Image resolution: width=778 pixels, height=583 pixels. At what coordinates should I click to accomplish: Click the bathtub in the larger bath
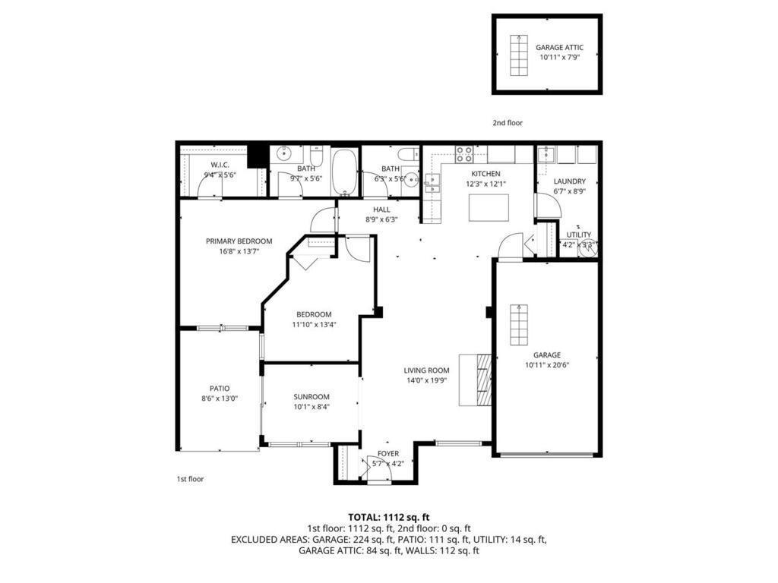pos(345,171)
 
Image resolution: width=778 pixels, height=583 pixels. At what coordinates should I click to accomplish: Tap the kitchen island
pos(489,207)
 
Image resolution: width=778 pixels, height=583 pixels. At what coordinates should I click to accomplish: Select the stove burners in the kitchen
pos(464,154)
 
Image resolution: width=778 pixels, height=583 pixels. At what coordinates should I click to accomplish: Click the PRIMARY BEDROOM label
pos(239,241)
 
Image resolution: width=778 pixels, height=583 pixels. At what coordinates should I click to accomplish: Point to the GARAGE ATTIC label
pos(559,47)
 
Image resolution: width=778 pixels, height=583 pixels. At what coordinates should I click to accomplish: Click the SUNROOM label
pos(312,396)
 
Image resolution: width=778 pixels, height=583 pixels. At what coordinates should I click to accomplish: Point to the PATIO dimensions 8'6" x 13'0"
pos(220,399)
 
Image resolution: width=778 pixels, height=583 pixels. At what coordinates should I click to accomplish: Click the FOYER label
pos(388,454)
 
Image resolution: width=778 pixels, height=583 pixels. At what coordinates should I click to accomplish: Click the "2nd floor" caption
pos(508,122)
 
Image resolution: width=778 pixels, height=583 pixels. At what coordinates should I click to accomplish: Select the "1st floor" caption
pos(190,479)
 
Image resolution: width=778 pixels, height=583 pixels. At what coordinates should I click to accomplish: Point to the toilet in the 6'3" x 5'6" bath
pos(408,153)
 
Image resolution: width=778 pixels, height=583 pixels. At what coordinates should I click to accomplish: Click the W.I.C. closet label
pos(220,165)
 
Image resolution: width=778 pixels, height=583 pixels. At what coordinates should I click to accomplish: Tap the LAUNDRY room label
pos(569,181)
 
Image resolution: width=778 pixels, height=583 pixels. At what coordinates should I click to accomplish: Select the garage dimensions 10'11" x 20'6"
pos(546,365)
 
